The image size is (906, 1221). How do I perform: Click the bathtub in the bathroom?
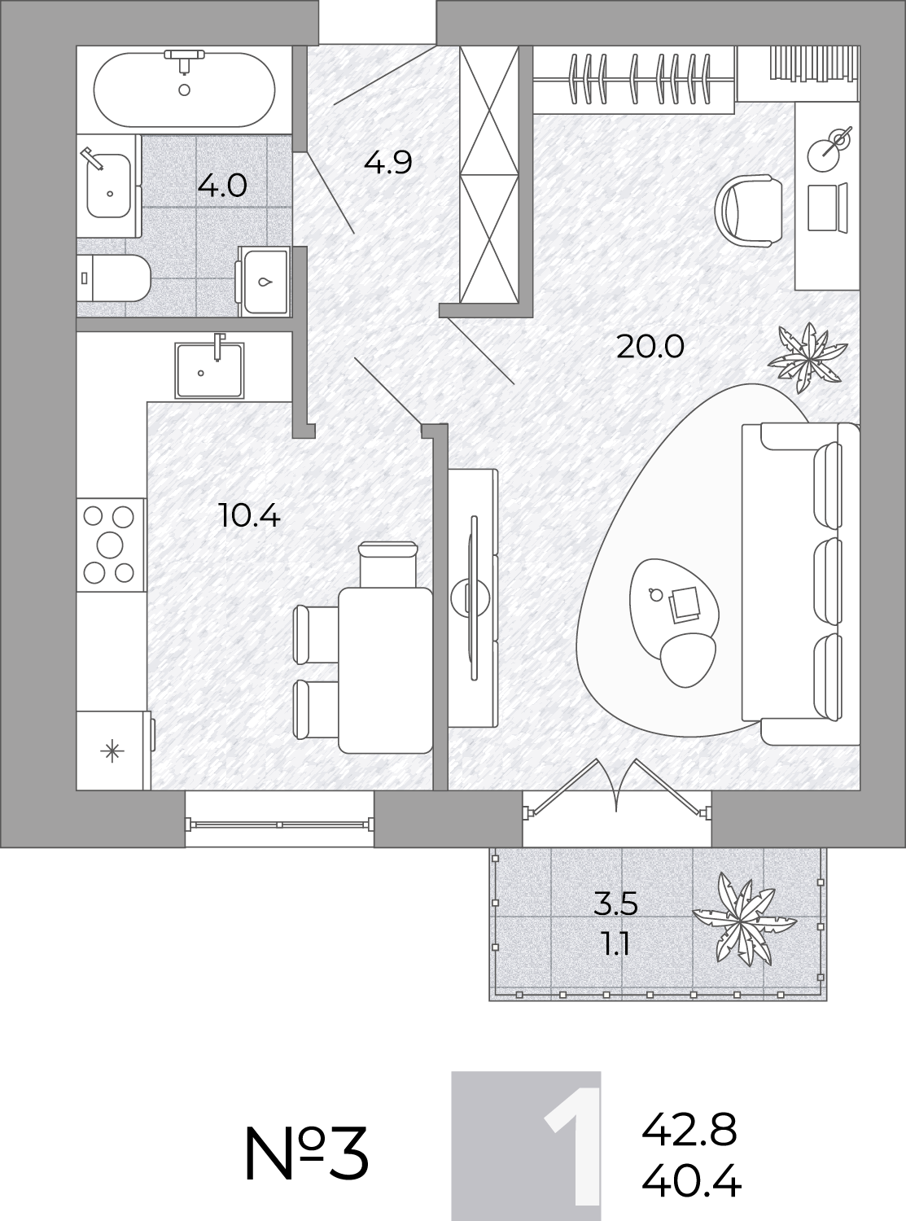click(184, 90)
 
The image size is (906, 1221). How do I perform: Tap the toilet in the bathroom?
click(113, 278)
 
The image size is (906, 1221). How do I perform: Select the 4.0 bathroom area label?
click(222, 186)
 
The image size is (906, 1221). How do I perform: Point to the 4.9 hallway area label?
click(387, 163)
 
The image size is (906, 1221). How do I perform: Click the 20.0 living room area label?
click(650, 347)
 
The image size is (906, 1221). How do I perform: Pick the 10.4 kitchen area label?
click(249, 516)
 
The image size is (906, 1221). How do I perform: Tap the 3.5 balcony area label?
click(615, 904)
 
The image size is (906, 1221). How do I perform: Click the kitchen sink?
click(209, 369)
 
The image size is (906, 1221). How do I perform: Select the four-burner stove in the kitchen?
click(111, 545)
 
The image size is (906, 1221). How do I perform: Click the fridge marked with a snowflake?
click(113, 751)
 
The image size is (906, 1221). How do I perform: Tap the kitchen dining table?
click(385, 670)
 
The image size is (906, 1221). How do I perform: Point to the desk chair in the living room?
click(748, 211)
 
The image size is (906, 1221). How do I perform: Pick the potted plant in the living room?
click(808, 358)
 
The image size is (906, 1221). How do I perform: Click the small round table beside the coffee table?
click(689, 659)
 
